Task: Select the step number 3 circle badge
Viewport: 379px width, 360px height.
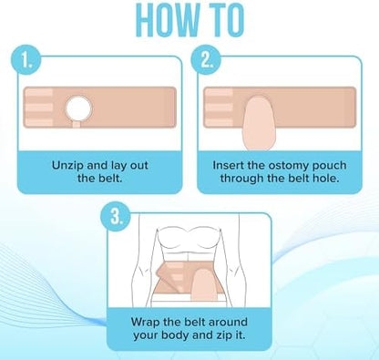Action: click(116, 217)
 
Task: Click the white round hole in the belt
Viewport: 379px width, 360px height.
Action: click(78, 108)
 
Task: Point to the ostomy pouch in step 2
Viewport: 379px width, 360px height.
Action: click(259, 123)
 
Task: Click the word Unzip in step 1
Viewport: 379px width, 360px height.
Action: click(67, 166)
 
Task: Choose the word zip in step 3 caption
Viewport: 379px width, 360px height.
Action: click(225, 336)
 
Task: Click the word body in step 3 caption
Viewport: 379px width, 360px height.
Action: click(175, 335)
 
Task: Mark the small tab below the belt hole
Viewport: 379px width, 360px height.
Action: click(77, 124)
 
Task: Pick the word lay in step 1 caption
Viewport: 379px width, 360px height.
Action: click(118, 166)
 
